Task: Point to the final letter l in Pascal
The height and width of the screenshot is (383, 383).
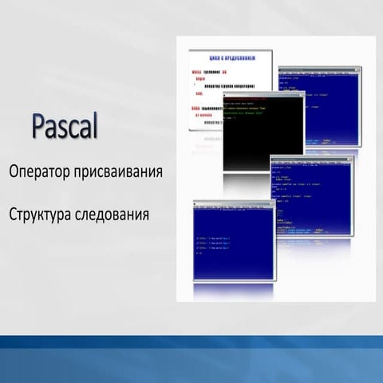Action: coord(93,126)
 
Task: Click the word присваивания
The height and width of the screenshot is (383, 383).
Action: coord(120,172)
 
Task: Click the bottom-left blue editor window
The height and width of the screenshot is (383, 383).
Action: coord(232,243)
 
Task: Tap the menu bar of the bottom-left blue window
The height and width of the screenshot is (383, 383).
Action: coord(232,209)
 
